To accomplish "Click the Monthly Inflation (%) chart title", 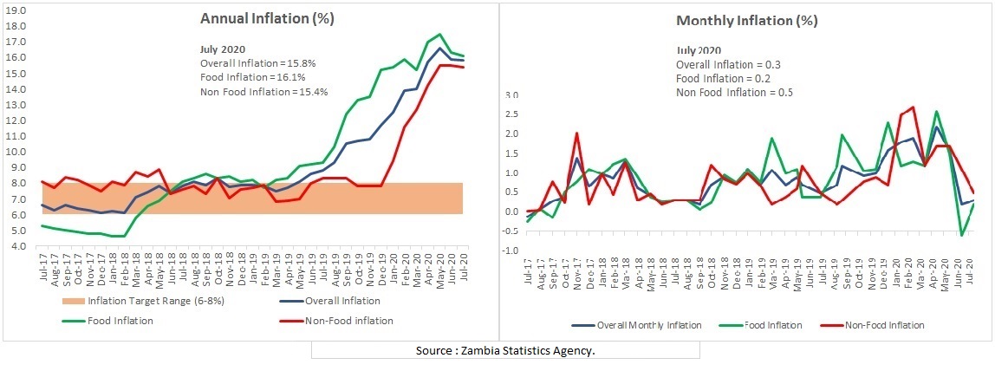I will pyautogui.click(x=746, y=21).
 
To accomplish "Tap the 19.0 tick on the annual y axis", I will pyautogui.click(x=16, y=10).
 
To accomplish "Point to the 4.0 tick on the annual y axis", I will pyautogui.click(x=16, y=246).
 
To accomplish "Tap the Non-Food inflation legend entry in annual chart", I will pyautogui.click(x=348, y=320).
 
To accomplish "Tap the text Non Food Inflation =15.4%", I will pyautogui.click(x=263, y=92).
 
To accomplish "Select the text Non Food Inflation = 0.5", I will pyautogui.click(x=733, y=93).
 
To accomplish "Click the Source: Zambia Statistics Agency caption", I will pyautogui.click(x=505, y=350).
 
